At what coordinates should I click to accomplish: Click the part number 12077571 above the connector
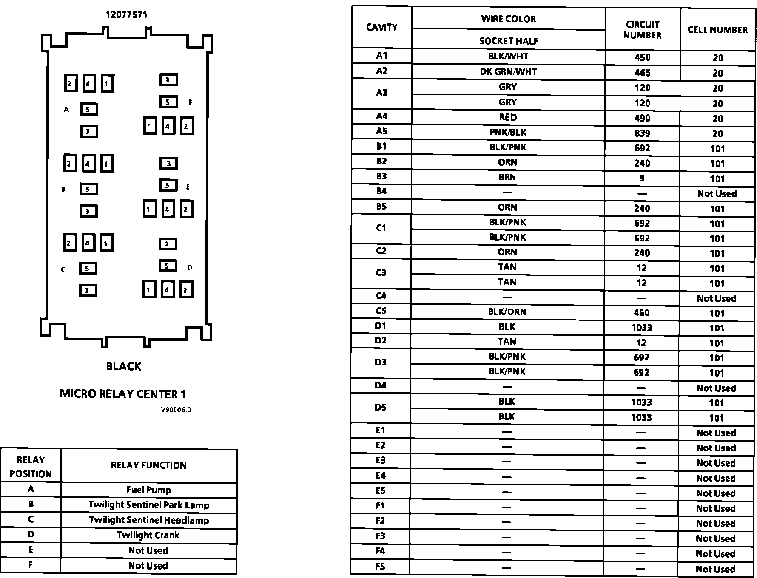click(x=126, y=15)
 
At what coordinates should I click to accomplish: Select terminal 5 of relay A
click(x=88, y=109)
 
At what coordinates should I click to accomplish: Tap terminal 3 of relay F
click(x=168, y=80)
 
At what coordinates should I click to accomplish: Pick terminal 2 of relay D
click(x=186, y=290)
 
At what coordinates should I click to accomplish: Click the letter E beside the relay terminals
click(x=188, y=187)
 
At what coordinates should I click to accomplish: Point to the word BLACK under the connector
click(x=123, y=366)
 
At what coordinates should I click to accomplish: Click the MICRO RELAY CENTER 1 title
click(x=123, y=394)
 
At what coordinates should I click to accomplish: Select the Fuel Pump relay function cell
click(x=149, y=490)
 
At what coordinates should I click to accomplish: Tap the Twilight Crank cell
click(x=148, y=535)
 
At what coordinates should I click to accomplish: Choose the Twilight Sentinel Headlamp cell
click(x=149, y=520)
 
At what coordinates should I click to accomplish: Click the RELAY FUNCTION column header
click(x=148, y=465)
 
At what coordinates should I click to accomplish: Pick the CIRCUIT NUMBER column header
click(x=642, y=30)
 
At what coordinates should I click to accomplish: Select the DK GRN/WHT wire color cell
click(x=508, y=72)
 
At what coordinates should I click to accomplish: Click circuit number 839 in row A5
click(x=642, y=133)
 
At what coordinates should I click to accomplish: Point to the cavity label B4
click(x=381, y=191)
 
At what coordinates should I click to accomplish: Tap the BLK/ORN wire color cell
click(x=507, y=312)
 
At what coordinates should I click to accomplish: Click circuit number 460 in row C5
click(x=641, y=313)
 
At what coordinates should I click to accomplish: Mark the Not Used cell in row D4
click(x=716, y=388)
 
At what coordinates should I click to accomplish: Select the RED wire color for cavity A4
click(x=508, y=117)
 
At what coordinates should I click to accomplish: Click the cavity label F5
click(x=380, y=567)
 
